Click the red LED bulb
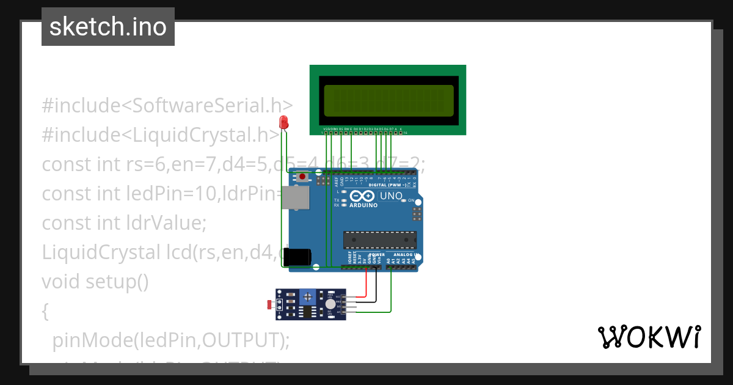283,122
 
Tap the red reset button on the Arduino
302,177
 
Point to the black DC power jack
297,257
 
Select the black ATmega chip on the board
379,240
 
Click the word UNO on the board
392,196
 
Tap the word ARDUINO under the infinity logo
363,205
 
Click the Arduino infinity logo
363,196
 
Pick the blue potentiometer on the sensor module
308,298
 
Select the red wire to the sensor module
366,285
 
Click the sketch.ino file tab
108,27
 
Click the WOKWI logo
649,337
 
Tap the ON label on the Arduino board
411,200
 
